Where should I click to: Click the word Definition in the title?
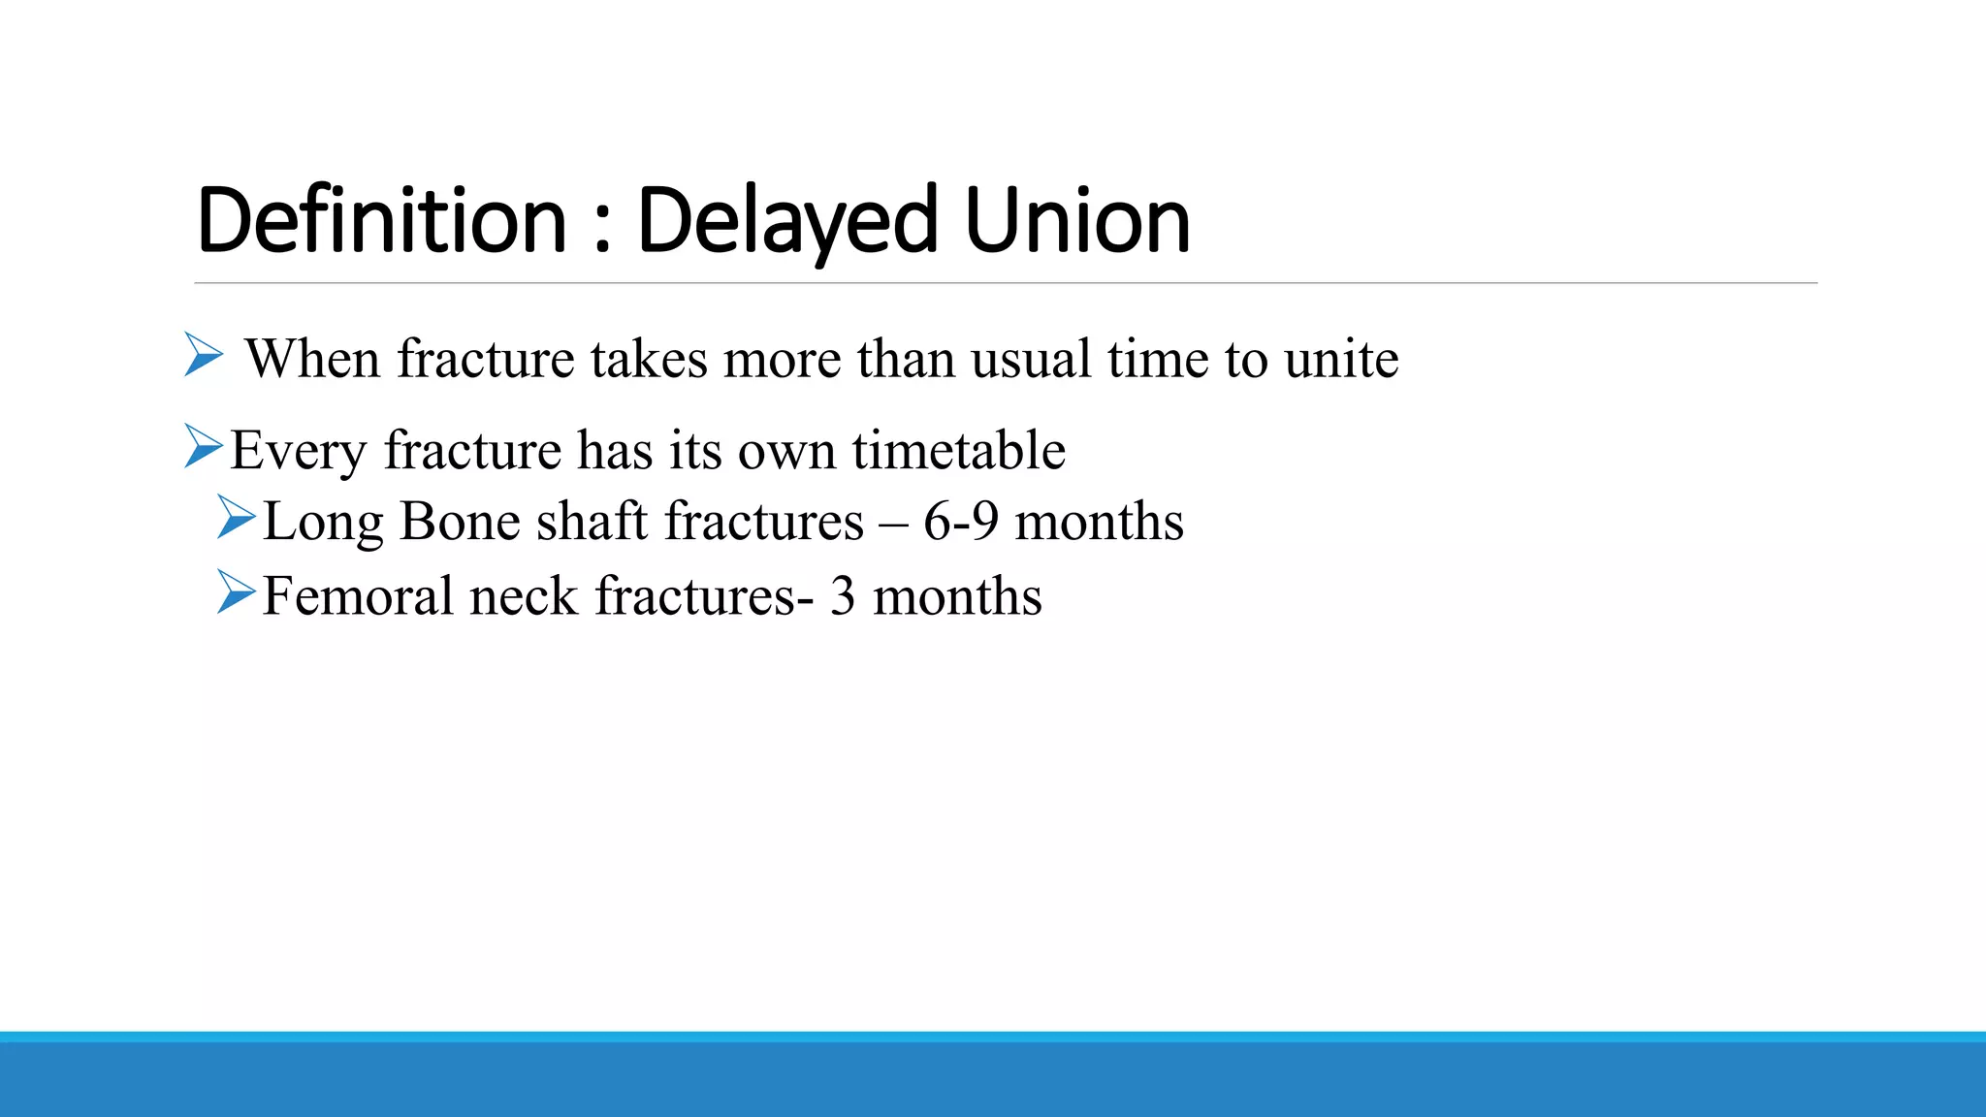click(381, 221)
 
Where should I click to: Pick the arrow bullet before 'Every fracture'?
click(204, 446)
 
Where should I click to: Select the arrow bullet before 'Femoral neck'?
click(237, 591)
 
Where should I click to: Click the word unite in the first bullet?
click(1341, 359)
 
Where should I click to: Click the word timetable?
click(958, 450)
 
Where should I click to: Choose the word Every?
click(299, 452)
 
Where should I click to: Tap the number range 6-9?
click(960, 522)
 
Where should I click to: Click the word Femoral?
click(357, 595)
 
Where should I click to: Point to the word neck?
click(524, 597)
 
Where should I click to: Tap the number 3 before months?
click(843, 596)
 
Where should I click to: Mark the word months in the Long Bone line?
click(1099, 522)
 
